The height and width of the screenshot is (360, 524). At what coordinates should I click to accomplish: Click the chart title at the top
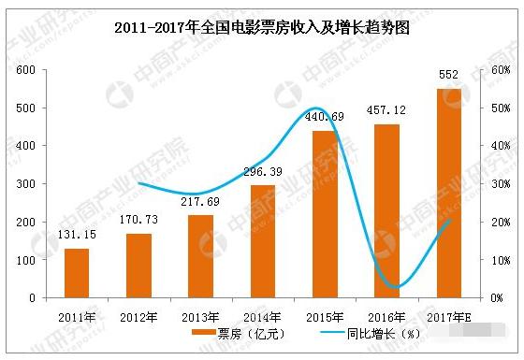click(x=261, y=29)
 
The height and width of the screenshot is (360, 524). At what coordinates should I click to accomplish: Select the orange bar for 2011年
click(x=76, y=273)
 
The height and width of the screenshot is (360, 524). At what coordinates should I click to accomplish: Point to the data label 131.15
click(x=77, y=237)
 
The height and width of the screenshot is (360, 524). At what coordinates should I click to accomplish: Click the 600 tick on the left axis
click(x=25, y=70)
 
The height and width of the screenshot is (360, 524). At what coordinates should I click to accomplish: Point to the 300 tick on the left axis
click(x=25, y=184)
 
